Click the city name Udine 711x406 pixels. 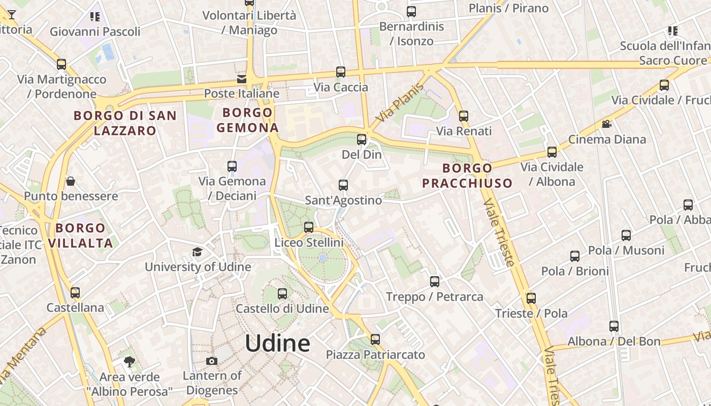pos(277,344)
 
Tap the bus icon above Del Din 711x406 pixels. pos(362,139)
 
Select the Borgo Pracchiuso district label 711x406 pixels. pos(467,176)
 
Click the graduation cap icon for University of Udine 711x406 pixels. pos(197,252)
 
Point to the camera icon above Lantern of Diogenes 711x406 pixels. pos(212,361)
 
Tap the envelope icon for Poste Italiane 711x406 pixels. pos(242,79)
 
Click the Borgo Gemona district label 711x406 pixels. pos(247,120)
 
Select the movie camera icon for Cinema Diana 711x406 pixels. pos(606,124)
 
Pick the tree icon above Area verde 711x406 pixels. pos(130,362)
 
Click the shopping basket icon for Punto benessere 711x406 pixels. pos(71,181)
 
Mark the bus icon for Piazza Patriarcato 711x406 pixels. pos(375,339)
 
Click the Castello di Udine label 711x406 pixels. pos(282,308)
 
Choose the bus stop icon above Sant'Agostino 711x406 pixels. pos(343,185)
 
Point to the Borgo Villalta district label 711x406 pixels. pos(81,235)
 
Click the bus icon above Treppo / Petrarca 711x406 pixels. pos(434,281)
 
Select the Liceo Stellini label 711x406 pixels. pos(309,243)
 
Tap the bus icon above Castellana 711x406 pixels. pos(75,292)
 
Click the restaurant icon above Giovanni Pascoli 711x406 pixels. pos(94,17)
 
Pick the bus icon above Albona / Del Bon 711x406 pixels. pos(614,326)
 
